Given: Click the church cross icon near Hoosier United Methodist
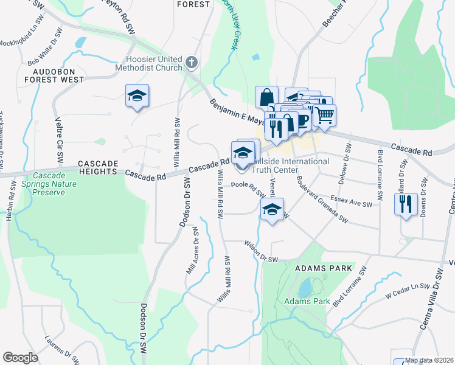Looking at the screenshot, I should [x=191, y=62].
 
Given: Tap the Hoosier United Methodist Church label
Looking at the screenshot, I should [x=148, y=63].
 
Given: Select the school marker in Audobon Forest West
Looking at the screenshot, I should [x=137, y=96].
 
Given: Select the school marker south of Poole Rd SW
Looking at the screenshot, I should [x=272, y=210].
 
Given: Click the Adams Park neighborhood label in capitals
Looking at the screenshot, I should [x=314, y=268].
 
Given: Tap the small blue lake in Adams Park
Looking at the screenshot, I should [x=304, y=285].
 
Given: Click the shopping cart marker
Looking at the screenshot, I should [x=325, y=114].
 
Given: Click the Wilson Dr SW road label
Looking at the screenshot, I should [x=260, y=251].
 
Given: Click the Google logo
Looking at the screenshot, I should [x=20, y=358].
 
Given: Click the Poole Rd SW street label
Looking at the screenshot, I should [x=248, y=188].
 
